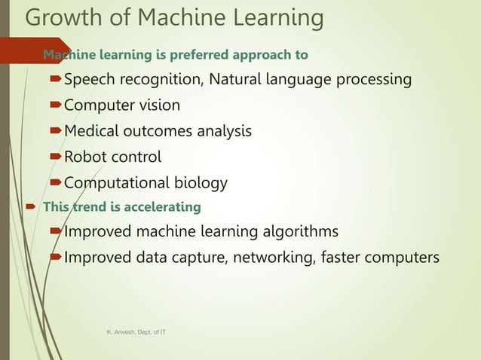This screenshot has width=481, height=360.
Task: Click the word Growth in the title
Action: pyautogui.click(x=62, y=18)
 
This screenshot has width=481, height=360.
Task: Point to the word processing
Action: pyautogui.click(x=373, y=80)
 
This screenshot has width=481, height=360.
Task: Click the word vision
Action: pyautogui.click(x=158, y=105)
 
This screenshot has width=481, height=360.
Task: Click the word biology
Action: pyautogui.click(x=201, y=183)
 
